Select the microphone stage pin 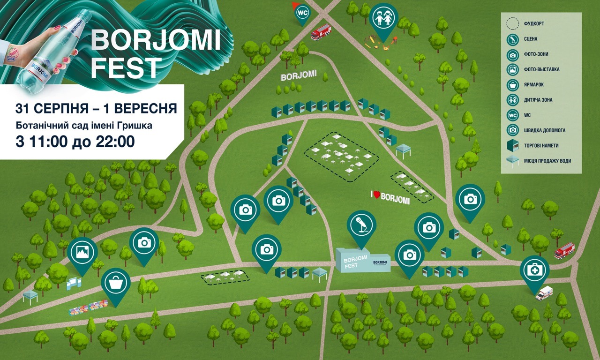pos(361,225)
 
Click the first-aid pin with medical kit pos(534,270)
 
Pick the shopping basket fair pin pos(116,282)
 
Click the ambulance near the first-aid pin pos(544,293)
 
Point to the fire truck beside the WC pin pos(321,32)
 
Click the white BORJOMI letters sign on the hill pos(299,76)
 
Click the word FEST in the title pos(126,68)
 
